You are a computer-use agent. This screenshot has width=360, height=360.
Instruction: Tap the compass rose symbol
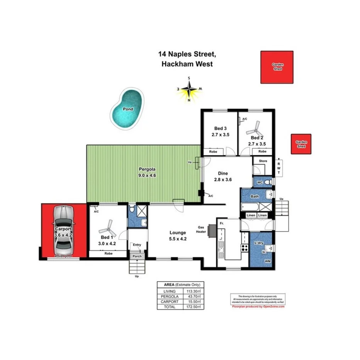pos(189,89)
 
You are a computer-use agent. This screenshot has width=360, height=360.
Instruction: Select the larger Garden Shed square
pos(277,67)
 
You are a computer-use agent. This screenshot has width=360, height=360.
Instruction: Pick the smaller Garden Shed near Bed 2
pos(301,144)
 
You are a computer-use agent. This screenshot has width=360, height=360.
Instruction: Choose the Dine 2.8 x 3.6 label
pos(223,176)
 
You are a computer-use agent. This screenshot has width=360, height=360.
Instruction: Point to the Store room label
pos(263,161)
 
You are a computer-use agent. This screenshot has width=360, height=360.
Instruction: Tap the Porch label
pos(137,256)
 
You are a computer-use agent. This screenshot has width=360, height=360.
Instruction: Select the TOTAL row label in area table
pos(170,307)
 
